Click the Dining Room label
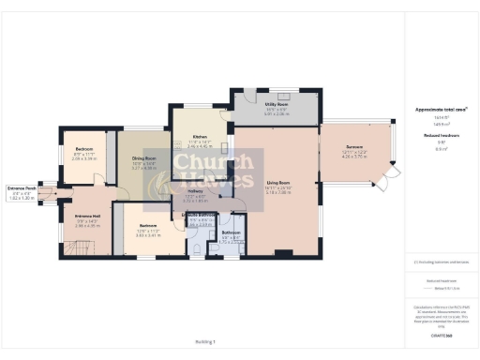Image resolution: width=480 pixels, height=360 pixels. [142, 159]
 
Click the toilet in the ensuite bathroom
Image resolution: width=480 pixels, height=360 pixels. [195, 246]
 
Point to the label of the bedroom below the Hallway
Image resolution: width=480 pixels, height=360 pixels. [147, 226]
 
